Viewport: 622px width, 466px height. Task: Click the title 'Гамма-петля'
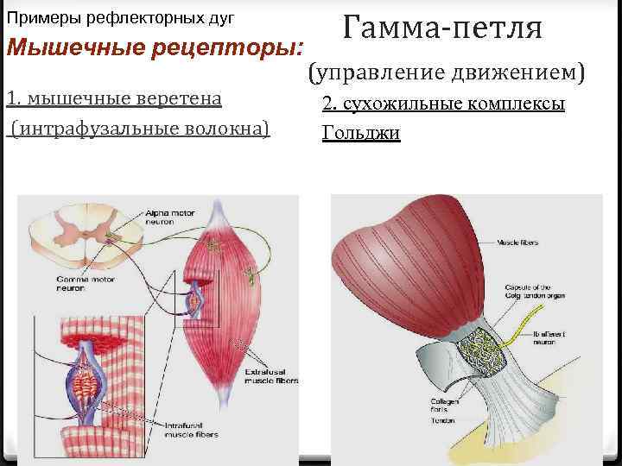(442, 28)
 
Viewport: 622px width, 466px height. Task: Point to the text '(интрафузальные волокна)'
(138, 129)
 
